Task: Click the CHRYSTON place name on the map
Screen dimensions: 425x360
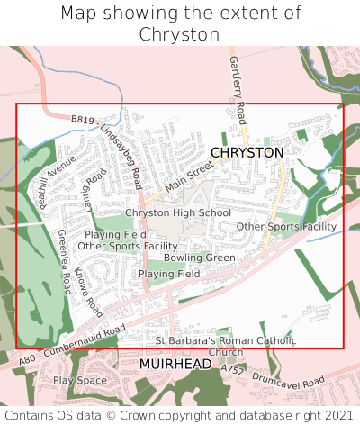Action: pyautogui.click(x=247, y=153)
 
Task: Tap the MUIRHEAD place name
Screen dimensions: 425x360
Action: pyautogui.click(x=175, y=364)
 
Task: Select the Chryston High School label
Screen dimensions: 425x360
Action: pyautogui.click(x=178, y=212)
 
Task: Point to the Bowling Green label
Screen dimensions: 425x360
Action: pyautogui.click(x=199, y=258)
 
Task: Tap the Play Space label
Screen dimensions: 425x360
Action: pyautogui.click(x=80, y=380)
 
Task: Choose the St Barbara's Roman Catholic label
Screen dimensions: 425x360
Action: pyautogui.click(x=226, y=340)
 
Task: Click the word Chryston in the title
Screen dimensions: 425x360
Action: pyautogui.click(x=180, y=34)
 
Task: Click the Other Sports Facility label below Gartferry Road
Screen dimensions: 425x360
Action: pyautogui.click(x=286, y=226)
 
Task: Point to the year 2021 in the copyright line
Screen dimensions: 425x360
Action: pyautogui.click(x=337, y=415)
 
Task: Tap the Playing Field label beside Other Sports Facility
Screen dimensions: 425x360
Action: pyautogui.click(x=115, y=234)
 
